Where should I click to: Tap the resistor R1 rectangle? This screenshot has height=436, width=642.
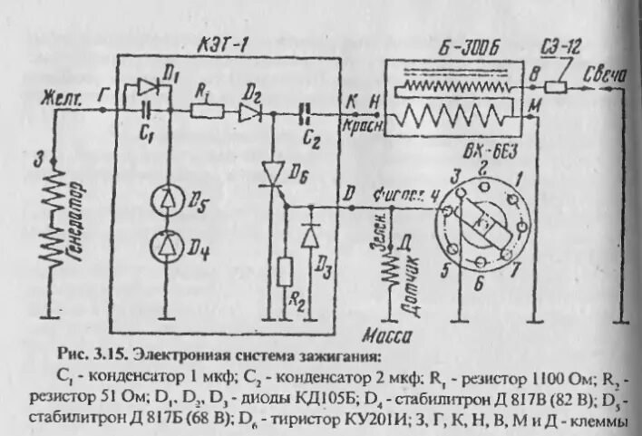coord(208,111)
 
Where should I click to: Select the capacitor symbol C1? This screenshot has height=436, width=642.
coord(146,111)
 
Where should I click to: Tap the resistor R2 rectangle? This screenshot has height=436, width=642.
coord(286,272)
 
